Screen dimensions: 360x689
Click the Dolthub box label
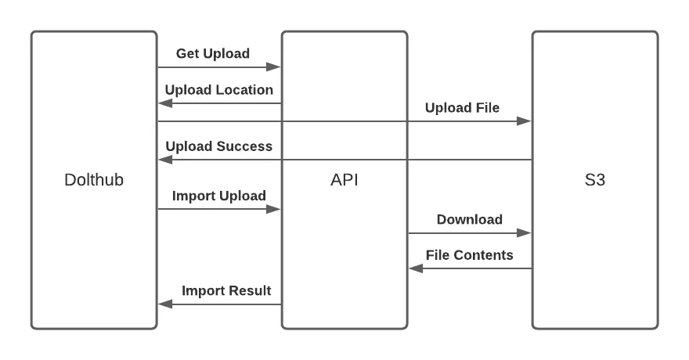94,180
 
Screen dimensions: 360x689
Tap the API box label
344,180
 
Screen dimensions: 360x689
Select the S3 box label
595,180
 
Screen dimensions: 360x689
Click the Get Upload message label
213,54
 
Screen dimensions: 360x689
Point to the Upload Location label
219,90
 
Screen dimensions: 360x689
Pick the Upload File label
462,108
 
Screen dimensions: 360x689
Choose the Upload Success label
219,146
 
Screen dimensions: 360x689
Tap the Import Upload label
219,196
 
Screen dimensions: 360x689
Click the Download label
470,219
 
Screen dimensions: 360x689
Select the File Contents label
470,255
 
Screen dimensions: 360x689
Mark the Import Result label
226,291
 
